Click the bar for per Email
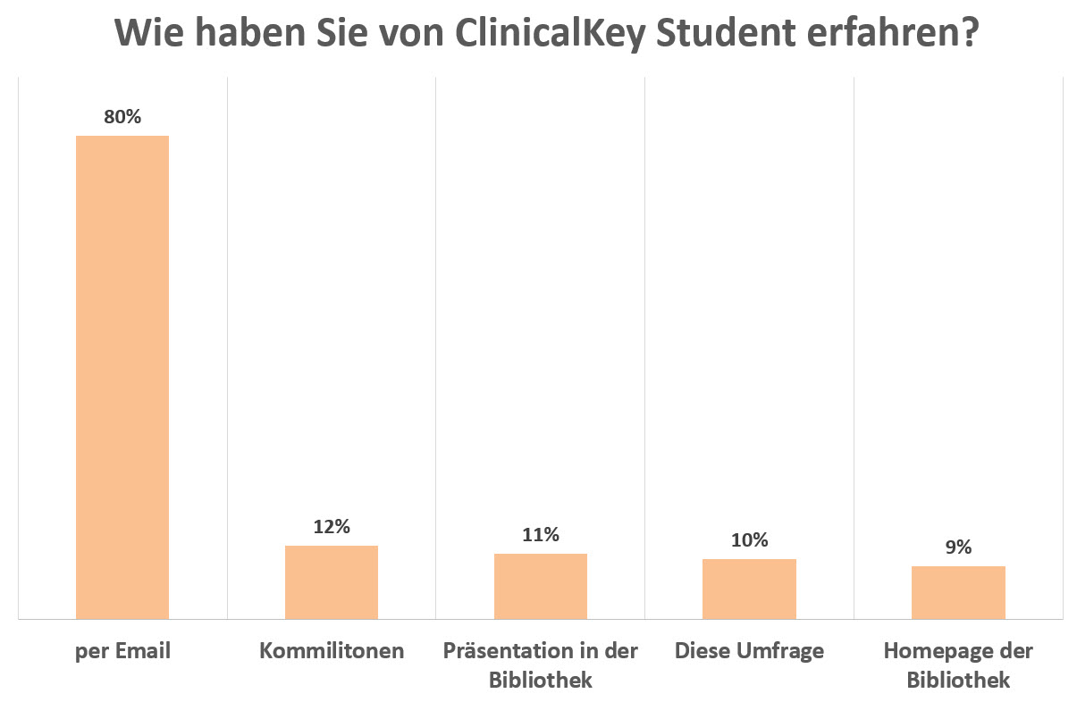122,377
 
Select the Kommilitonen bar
332,581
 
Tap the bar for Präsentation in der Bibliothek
541,586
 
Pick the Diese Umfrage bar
749,589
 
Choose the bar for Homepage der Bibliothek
958,592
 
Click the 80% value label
122,117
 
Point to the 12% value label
332,527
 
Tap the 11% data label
541,535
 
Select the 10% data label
749,540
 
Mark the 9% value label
958,547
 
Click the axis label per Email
122,651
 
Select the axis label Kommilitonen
332,651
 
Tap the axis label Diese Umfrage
749,651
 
